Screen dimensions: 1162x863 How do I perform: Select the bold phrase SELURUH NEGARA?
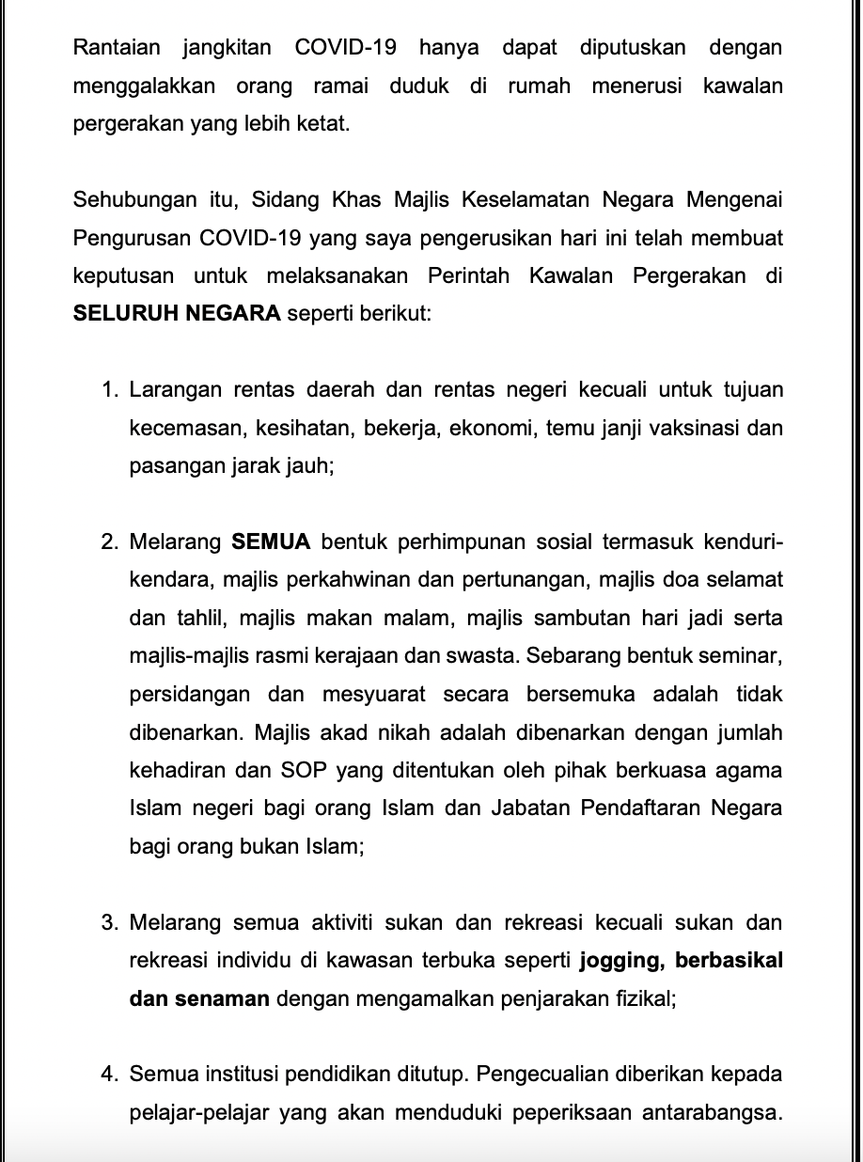(177, 313)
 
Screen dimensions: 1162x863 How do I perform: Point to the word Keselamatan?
(546, 199)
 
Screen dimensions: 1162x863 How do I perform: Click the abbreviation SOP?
(301, 771)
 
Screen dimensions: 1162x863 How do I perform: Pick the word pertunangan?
(527, 580)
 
